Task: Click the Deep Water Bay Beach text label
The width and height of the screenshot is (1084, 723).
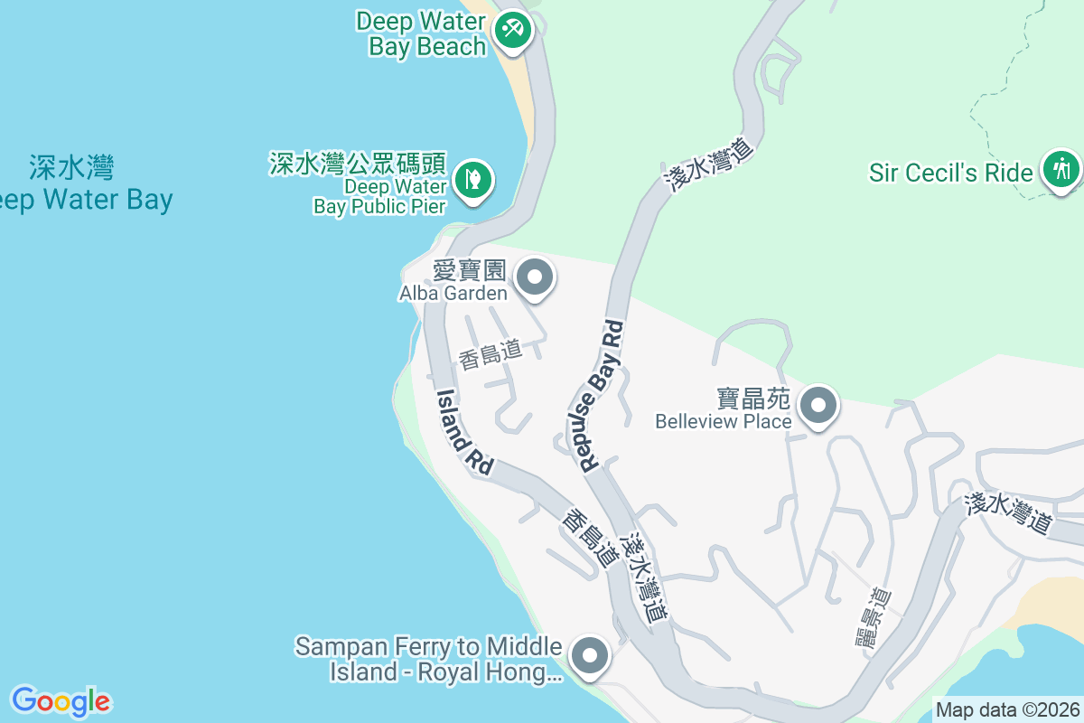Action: [x=421, y=33]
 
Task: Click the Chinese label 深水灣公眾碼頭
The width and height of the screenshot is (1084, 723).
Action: [x=358, y=164]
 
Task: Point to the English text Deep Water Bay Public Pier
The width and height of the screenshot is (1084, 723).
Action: [x=380, y=196]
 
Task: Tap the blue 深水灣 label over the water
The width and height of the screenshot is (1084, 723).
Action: [x=71, y=167]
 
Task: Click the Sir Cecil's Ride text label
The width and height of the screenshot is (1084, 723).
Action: [x=950, y=172]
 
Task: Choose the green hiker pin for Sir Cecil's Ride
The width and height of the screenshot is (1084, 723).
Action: [x=1061, y=168]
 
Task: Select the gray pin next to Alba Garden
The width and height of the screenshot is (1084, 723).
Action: [x=535, y=277]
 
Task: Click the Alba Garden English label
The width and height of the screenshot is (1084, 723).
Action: [x=453, y=292]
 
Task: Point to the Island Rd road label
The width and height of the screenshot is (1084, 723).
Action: [x=465, y=431]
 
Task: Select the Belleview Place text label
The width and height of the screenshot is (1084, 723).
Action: [x=724, y=421]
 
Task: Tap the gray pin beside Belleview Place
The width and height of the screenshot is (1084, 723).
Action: [x=818, y=405]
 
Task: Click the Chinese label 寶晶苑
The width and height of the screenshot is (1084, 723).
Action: [x=753, y=399]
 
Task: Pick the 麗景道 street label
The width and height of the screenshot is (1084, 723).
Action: [x=873, y=617]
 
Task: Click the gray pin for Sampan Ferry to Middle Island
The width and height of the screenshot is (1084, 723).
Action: [x=592, y=655]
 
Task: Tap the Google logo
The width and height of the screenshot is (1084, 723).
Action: [x=61, y=700]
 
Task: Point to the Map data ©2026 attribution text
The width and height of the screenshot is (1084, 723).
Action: [x=1007, y=709]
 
